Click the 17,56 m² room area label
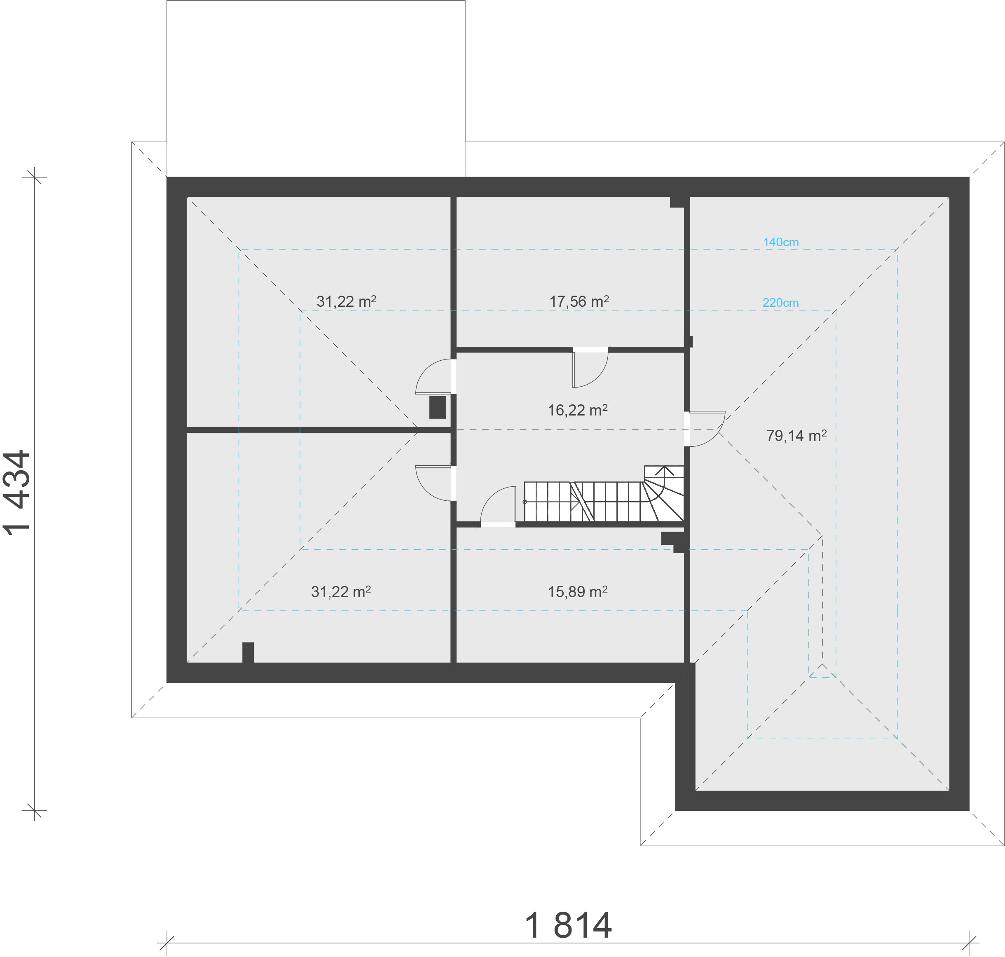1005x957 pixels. click(x=579, y=301)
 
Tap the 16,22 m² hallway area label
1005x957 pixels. click(x=577, y=410)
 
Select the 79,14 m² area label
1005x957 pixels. click(x=796, y=436)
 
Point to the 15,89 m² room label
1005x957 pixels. click(x=577, y=592)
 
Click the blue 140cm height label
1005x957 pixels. click(x=780, y=242)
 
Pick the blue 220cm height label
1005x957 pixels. click(x=780, y=303)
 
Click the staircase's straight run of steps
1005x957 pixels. click(x=582, y=502)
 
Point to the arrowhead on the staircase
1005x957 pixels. click(x=664, y=469)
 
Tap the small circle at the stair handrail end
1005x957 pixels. click(x=525, y=502)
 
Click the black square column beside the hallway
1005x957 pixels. click(x=438, y=408)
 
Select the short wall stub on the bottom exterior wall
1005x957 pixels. click(x=248, y=652)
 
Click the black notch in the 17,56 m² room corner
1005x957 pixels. click(x=677, y=203)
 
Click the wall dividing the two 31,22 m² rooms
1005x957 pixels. click(x=316, y=430)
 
